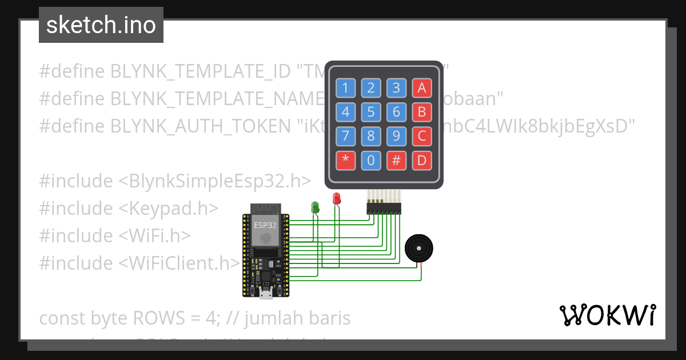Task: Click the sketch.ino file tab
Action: (101, 25)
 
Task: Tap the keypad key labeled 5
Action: (371, 112)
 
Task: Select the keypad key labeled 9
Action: (396, 137)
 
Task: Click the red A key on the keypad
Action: (422, 88)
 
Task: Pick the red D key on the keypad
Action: (422, 161)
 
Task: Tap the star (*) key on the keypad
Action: (345, 161)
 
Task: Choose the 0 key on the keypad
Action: (371, 161)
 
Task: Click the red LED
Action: (337, 198)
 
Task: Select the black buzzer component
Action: (418, 249)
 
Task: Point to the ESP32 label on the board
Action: (265, 225)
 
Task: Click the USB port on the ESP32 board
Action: (265, 294)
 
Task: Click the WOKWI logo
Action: (607, 315)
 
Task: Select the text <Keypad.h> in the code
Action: (169, 208)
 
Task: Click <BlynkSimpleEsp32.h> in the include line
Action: (215, 181)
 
